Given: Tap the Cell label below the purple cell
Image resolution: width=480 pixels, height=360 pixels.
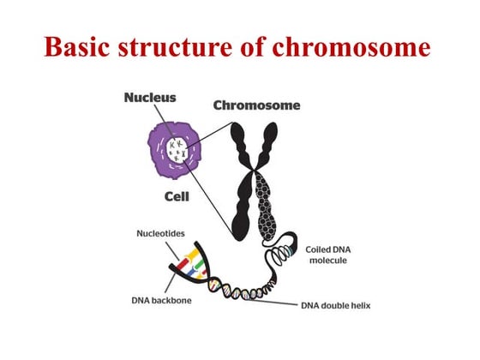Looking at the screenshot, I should [177, 196].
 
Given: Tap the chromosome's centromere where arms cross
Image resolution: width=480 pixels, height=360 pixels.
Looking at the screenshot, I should [255, 176].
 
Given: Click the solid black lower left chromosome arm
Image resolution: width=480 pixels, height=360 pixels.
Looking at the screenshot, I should [239, 210].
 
